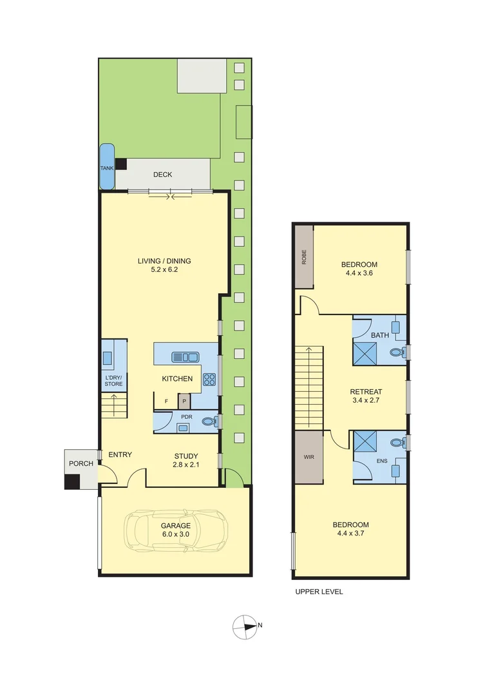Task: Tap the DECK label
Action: coord(162,175)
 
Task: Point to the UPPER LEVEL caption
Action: coord(319,592)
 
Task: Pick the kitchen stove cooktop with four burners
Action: coord(209,380)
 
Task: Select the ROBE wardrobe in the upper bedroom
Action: coord(304,257)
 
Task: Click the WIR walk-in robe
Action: coord(307,457)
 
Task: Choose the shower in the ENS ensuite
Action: coord(366,443)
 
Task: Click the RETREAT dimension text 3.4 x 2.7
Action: coord(366,402)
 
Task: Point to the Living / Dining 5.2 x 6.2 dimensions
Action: coord(164,271)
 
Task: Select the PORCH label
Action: coord(81,463)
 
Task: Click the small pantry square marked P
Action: coord(184,401)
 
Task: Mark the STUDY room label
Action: coord(186,456)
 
